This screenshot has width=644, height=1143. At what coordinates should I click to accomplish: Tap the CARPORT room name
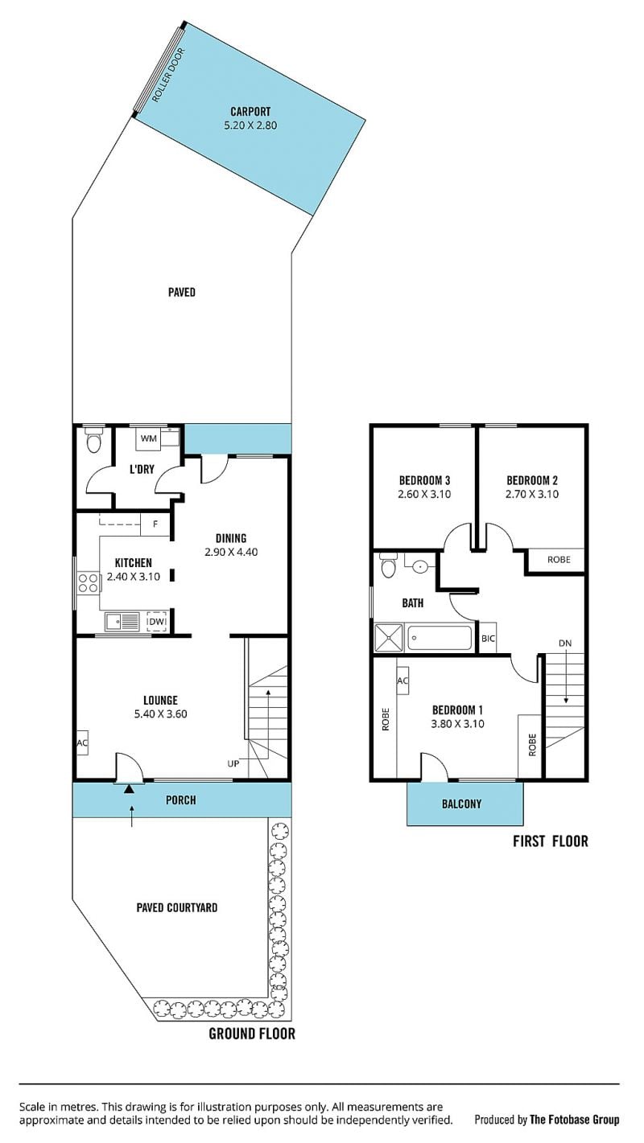tap(250, 111)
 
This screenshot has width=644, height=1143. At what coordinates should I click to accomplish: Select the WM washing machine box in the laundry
tap(149, 438)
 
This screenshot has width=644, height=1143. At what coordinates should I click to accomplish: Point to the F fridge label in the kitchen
tap(156, 524)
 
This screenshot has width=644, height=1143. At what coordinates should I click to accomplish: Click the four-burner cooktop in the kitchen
tap(87, 582)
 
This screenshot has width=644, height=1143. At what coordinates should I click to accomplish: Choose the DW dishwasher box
tap(157, 622)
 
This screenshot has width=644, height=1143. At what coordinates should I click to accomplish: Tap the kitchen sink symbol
tap(122, 622)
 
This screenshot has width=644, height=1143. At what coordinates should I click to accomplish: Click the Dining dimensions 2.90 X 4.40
tap(231, 552)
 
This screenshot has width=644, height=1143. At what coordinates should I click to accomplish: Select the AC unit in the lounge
tap(82, 742)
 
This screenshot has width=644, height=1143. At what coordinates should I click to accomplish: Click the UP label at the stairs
tap(233, 763)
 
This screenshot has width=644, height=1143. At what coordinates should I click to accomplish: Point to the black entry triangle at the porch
tap(130, 789)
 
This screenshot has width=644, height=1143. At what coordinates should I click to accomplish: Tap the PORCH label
tap(181, 800)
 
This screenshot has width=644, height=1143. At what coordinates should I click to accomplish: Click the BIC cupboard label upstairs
tap(489, 638)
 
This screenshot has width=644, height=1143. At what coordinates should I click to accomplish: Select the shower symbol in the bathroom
tap(389, 638)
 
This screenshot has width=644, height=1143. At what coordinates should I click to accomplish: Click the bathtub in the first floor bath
tap(440, 638)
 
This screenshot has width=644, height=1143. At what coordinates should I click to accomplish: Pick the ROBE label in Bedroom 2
tap(559, 559)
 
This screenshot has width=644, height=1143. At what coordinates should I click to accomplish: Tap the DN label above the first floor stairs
tap(565, 643)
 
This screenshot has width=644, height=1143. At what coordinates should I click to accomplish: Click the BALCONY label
tap(462, 804)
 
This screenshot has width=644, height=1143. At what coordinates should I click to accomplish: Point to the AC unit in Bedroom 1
tap(402, 680)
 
